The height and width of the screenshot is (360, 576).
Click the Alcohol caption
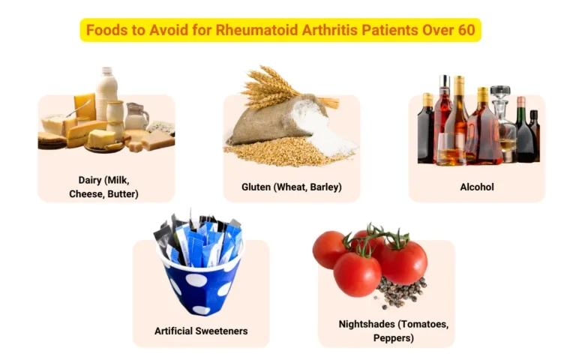point(476,187)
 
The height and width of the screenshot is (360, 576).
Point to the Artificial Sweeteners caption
point(201,331)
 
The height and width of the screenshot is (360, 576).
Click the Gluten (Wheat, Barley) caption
point(292,187)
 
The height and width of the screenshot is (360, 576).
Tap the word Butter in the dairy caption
point(122,193)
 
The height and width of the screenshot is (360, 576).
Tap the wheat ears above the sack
point(270,86)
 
